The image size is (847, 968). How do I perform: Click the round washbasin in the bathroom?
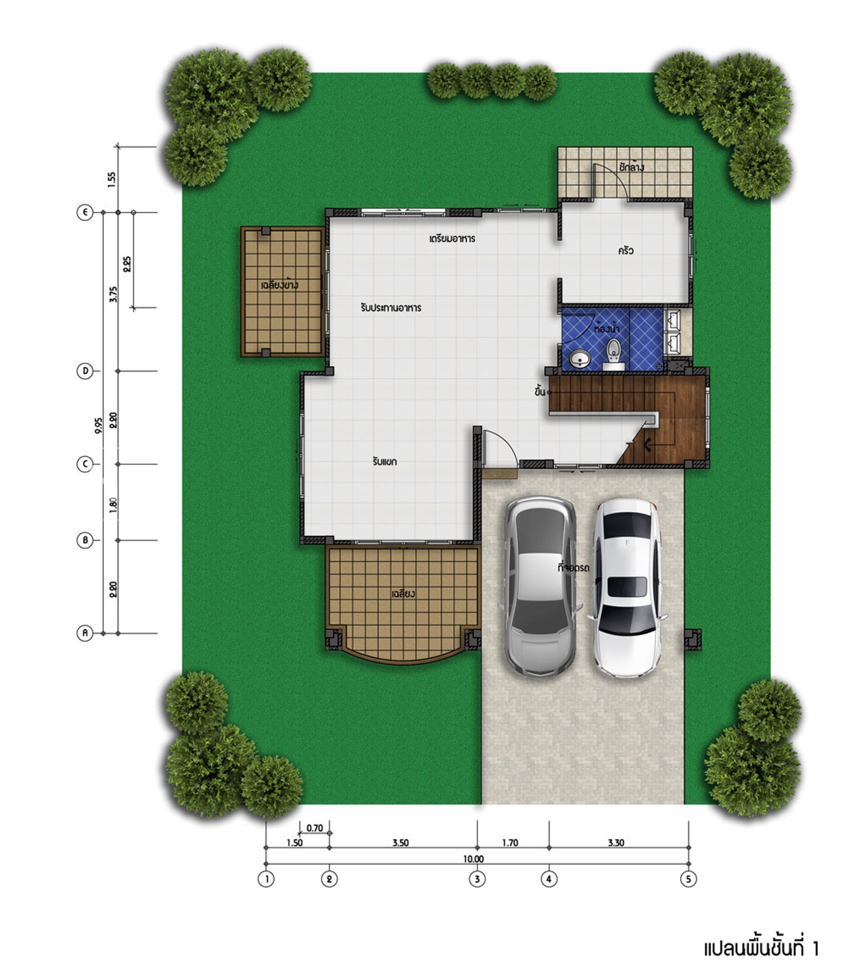(x=580, y=358)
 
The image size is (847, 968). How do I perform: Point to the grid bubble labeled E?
(x=85, y=212)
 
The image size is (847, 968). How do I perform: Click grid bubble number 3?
(x=477, y=879)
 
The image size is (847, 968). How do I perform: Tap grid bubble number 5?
(x=688, y=879)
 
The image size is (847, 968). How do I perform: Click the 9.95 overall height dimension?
(x=98, y=425)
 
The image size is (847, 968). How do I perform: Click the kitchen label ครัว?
(x=626, y=250)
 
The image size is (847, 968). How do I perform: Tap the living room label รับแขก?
(x=384, y=462)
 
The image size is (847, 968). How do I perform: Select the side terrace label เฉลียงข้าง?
(x=279, y=285)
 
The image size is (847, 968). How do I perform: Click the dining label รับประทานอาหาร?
(x=390, y=308)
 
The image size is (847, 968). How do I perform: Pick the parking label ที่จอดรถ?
(x=573, y=568)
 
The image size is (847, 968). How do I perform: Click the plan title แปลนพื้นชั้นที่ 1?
(x=761, y=948)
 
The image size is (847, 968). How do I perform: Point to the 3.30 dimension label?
(x=616, y=843)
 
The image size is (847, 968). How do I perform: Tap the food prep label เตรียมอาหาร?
(x=452, y=238)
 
